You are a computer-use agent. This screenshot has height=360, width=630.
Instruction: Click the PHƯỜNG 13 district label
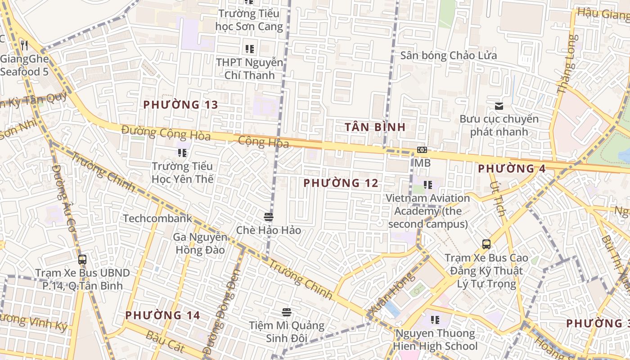180,105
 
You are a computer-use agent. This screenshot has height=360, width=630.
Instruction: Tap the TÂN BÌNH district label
375,127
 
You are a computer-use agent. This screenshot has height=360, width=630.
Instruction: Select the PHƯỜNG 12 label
341,183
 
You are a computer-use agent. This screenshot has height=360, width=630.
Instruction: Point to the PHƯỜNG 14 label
162,315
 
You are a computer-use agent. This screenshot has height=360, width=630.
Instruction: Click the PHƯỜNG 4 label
512,169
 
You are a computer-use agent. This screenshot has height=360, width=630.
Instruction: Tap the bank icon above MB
422,150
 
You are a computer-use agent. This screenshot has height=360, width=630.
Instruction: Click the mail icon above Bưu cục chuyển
499,107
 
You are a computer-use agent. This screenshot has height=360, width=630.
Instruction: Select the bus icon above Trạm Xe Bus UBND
82,260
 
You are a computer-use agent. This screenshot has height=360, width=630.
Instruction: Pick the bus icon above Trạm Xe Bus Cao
486,244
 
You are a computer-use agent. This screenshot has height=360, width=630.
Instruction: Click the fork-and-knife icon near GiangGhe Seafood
24,45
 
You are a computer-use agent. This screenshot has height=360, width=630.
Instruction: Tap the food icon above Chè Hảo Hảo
269,217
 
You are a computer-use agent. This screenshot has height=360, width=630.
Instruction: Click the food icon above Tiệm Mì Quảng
286,312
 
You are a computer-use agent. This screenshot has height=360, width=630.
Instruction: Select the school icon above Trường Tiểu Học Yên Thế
182,153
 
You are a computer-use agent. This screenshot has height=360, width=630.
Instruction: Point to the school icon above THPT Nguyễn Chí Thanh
249,49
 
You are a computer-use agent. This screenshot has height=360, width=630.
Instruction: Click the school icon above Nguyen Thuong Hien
435,320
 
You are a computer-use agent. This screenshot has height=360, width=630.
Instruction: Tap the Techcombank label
157,219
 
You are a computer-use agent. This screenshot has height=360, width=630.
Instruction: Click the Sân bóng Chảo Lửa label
449,56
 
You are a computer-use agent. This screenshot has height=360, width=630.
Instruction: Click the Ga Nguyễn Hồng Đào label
200,243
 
